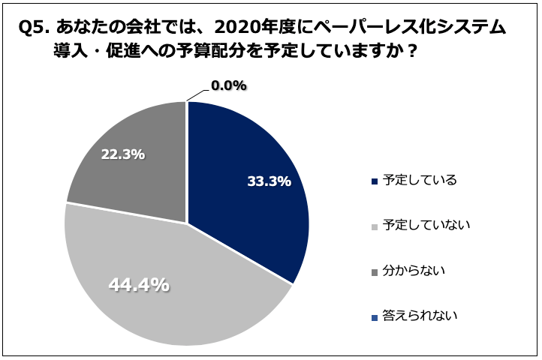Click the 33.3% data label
(x=269, y=181)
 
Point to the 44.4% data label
(x=139, y=285)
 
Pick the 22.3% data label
(x=122, y=154)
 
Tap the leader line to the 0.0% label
(x=197, y=93)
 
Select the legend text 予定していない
(x=426, y=224)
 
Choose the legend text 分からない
(x=414, y=269)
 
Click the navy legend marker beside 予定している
(x=375, y=181)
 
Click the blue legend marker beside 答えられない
(x=375, y=316)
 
